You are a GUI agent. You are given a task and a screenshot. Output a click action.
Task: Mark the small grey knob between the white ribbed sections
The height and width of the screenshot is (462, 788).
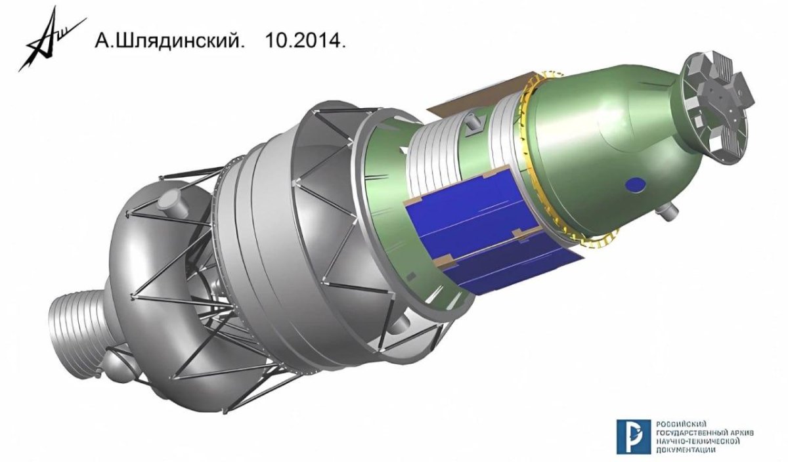pyautogui.click(x=472, y=123)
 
